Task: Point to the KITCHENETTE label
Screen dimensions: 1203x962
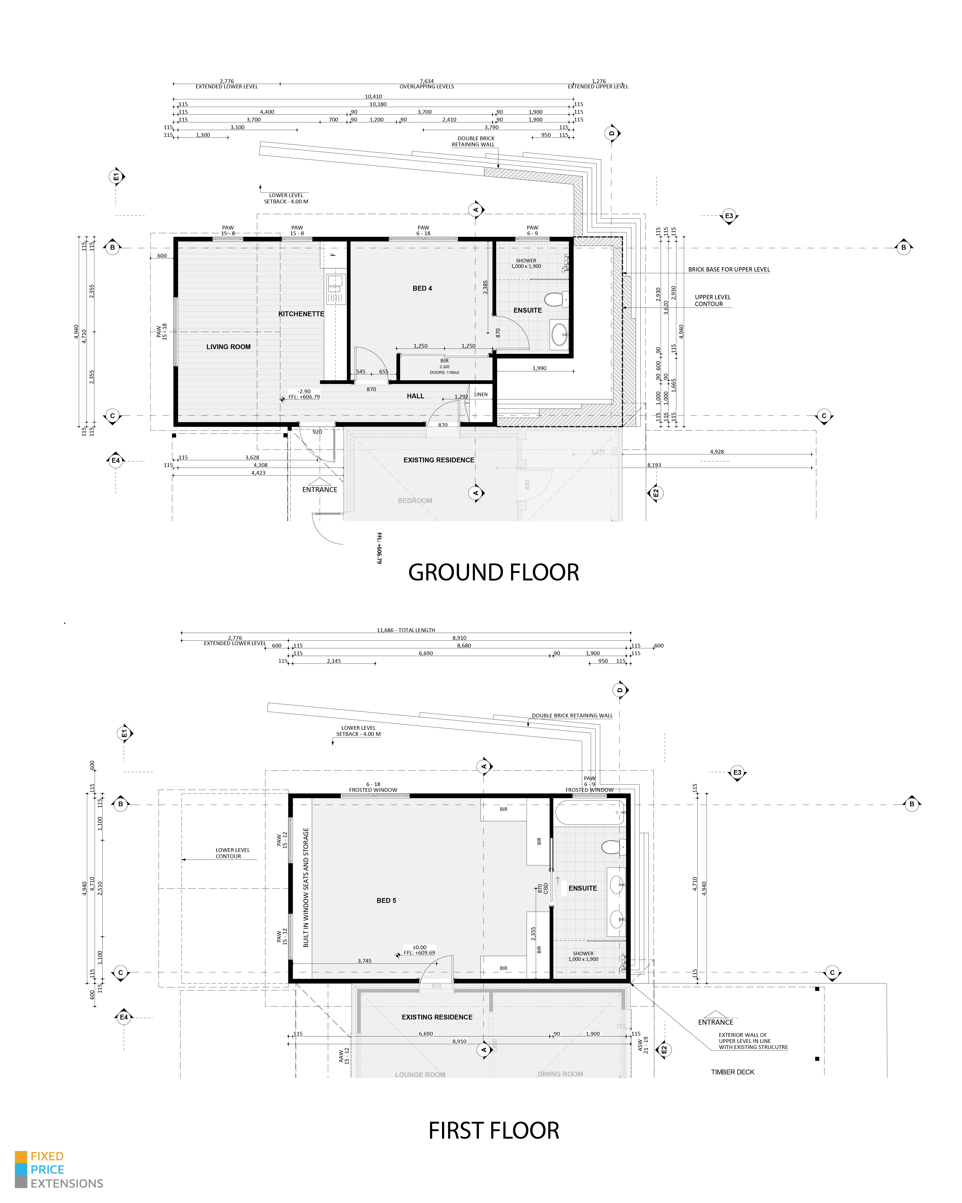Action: [x=301, y=314]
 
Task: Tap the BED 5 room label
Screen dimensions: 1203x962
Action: [x=386, y=901]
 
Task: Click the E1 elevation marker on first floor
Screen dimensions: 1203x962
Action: [x=124, y=734]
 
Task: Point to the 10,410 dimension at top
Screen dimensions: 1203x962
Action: [x=373, y=97]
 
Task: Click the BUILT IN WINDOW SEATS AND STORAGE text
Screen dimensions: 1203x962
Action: [x=306, y=887]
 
